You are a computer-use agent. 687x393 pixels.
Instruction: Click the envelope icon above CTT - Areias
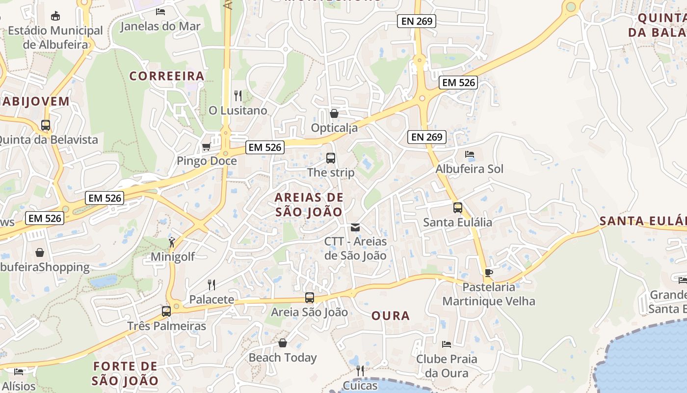[355, 227]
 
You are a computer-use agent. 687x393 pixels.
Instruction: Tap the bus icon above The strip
[331, 158]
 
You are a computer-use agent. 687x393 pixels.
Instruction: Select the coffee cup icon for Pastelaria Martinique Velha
[488, 273]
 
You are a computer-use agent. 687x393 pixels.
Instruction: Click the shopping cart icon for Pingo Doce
[207, 147]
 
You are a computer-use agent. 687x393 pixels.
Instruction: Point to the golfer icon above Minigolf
[172, 242]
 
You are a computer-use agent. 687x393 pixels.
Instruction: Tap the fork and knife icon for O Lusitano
[238, 96]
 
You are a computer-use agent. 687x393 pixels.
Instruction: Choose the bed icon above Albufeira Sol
[470, 154]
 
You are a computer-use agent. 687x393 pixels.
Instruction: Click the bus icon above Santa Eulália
[457, 208]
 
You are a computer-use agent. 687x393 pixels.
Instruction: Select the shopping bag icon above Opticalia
[334, 113]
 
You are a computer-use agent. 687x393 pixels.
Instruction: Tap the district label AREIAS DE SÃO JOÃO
[309, 204]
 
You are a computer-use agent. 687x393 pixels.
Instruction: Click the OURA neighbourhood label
[391, 315]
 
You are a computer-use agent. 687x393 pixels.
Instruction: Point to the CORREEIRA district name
[167, 76]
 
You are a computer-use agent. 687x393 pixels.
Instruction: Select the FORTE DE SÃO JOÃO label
[125, 373]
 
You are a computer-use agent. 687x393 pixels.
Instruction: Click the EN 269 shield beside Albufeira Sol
[426, 137]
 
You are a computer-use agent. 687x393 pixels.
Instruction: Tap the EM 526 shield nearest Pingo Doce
[265, 147]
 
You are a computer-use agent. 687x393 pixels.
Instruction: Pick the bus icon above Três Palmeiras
[166, 311]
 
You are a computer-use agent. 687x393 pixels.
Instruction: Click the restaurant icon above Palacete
[211, 285]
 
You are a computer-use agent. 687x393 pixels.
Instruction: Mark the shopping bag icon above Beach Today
[283, 343]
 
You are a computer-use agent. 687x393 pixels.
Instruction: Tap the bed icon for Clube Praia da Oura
[447, 344]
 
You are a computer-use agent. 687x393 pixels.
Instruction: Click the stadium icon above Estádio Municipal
[55, 16]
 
